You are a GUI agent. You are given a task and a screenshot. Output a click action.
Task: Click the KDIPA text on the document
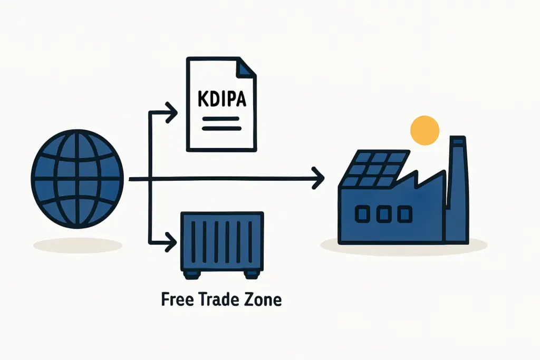[x=221, y=100]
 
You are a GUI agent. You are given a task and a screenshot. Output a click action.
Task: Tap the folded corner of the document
[x=246, y=67]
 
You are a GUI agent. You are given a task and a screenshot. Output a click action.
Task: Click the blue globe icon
[x=77, y=179]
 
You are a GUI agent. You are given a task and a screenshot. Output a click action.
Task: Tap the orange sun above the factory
[x=425, y=130]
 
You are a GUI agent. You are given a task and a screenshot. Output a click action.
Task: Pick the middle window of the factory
[x=384, y=214]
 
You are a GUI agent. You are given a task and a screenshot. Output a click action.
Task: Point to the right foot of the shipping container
[x=252, y=275]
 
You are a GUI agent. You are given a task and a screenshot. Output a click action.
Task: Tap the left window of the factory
[x=364, y=214]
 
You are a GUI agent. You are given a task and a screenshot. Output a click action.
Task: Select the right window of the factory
[x=404, y=214]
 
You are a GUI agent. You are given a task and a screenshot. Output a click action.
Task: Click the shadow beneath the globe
[x=78, y=245]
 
